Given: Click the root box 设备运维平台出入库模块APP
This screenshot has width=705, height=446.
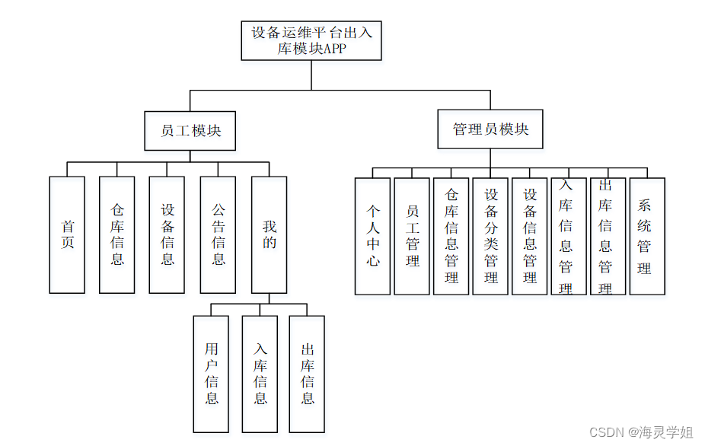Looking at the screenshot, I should [311, 40].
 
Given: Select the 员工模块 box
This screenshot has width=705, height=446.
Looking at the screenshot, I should [190, 130].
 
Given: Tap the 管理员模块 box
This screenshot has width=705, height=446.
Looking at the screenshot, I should [490, 129].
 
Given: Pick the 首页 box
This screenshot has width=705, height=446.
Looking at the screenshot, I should [67, 234].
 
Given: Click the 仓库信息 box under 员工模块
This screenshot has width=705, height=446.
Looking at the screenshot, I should [117, 234].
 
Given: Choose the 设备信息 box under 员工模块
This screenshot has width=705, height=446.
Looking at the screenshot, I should [167, 234].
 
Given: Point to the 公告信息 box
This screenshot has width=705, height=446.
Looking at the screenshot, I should [218, 234].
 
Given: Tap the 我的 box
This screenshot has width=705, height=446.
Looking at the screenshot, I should [269, 234].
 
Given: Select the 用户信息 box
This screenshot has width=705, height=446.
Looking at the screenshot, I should [211, 374].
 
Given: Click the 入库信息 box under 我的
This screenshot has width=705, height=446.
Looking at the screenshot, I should [260, 374].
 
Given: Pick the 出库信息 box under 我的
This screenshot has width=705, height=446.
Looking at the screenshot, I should [307, 374].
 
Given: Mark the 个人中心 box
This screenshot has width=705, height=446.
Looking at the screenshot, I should [373, 236].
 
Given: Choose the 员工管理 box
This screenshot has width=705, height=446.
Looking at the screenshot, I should [412, 236].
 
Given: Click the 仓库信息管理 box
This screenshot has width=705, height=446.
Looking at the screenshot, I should [451, 236].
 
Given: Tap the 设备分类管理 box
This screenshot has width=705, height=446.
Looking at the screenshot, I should [490, 236].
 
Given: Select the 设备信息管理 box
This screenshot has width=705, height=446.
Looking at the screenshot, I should [530, 236].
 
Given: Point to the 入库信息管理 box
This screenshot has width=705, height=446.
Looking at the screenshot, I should [569, 236].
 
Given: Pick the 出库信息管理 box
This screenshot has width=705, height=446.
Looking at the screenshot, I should [608, 236].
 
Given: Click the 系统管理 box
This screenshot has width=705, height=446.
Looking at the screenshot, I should [647, 236].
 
